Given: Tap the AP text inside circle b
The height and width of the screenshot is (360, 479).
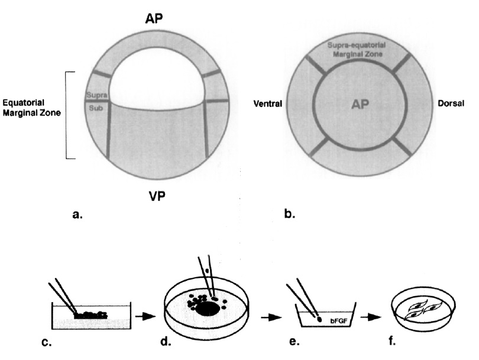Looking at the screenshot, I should tap(356, 104).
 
